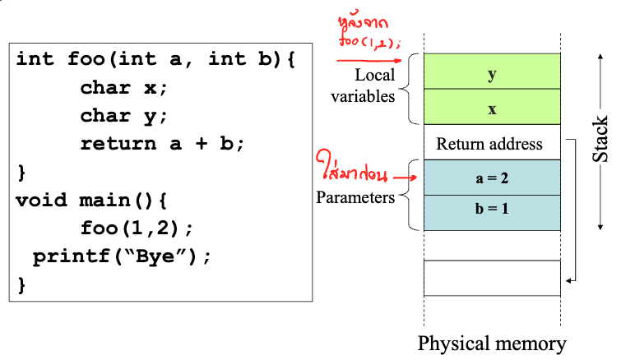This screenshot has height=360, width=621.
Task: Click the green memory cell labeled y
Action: click(492, 73)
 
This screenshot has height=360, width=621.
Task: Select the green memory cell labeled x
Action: click(492, 108)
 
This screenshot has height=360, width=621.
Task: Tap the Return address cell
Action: click(489, 144)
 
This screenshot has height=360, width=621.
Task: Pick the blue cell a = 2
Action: click(492, 178)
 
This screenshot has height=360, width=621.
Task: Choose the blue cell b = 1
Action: click(492, 209)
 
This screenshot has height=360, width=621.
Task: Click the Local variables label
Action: click(363, 85)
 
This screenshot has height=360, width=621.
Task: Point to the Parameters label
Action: click(355, 197)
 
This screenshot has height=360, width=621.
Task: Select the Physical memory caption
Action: click(491, 343)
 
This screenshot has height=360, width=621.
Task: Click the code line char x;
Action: click(123, 88)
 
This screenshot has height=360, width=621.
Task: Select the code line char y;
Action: click(123, 115)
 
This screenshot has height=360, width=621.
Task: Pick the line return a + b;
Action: click(163, 144)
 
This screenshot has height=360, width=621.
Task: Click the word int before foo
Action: click(35, 59)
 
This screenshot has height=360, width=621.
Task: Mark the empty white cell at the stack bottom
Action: click(492, 277)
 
